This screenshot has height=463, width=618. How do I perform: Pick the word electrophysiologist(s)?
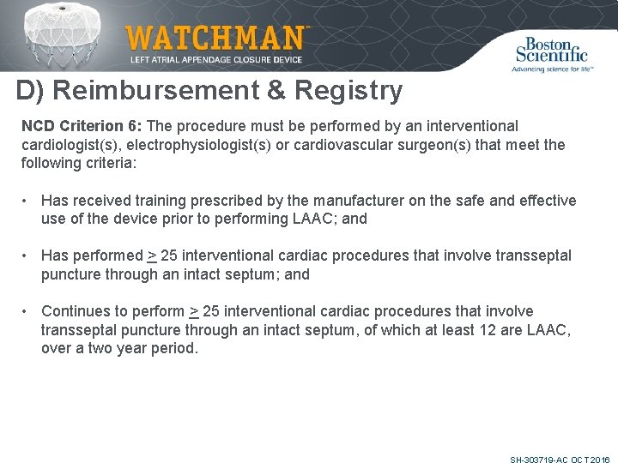(x=201, y=144)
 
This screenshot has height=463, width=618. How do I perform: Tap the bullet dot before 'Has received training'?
(x=27, y=201)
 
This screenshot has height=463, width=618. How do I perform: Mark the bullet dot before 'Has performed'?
(x=27, y=256)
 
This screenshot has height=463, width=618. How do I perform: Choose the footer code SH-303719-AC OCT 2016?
(x=560, y=460)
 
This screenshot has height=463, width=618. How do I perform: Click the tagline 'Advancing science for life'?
(x=553, y=68)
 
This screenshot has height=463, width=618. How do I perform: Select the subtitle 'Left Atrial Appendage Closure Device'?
(x=216, y=59)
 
